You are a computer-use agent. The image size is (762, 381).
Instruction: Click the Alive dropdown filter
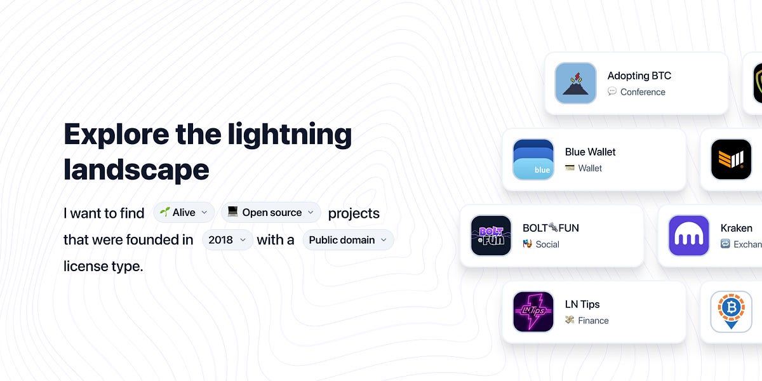click(x=184, y=213)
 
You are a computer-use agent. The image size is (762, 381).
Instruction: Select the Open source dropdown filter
click(x=271, y=213)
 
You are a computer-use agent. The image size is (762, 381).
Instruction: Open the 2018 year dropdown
click(x=227, y=240)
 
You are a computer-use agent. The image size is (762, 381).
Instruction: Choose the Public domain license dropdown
click(x=348, y=240)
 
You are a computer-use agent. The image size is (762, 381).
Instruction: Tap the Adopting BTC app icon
click(x=575, y=83)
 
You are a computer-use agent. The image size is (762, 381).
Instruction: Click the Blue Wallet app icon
click(x=533, y=159)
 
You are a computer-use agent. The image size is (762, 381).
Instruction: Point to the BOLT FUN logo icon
click(x=491, y=236)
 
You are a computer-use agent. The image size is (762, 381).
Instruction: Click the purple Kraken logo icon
click(x=689, y=236)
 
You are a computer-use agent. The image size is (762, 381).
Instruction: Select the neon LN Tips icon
click(x=533, y=312)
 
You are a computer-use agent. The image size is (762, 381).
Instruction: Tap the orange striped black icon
click(x=731, y=159)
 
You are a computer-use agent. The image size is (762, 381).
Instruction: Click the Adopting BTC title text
click(x=639, y=76)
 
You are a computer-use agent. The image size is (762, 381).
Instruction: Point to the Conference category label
click(x=643, y=92)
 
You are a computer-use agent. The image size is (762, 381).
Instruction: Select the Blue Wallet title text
click(x=590, y=152)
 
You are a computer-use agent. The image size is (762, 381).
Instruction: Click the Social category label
click(x=547, y=244)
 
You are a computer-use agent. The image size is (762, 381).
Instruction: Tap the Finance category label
click(x=593, y=321)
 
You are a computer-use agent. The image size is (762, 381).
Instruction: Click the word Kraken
click(x=736, y=228)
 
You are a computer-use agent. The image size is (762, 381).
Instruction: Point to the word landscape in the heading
click(x=137, y=170)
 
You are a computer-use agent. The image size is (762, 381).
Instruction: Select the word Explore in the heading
click(x=116, y=135)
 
